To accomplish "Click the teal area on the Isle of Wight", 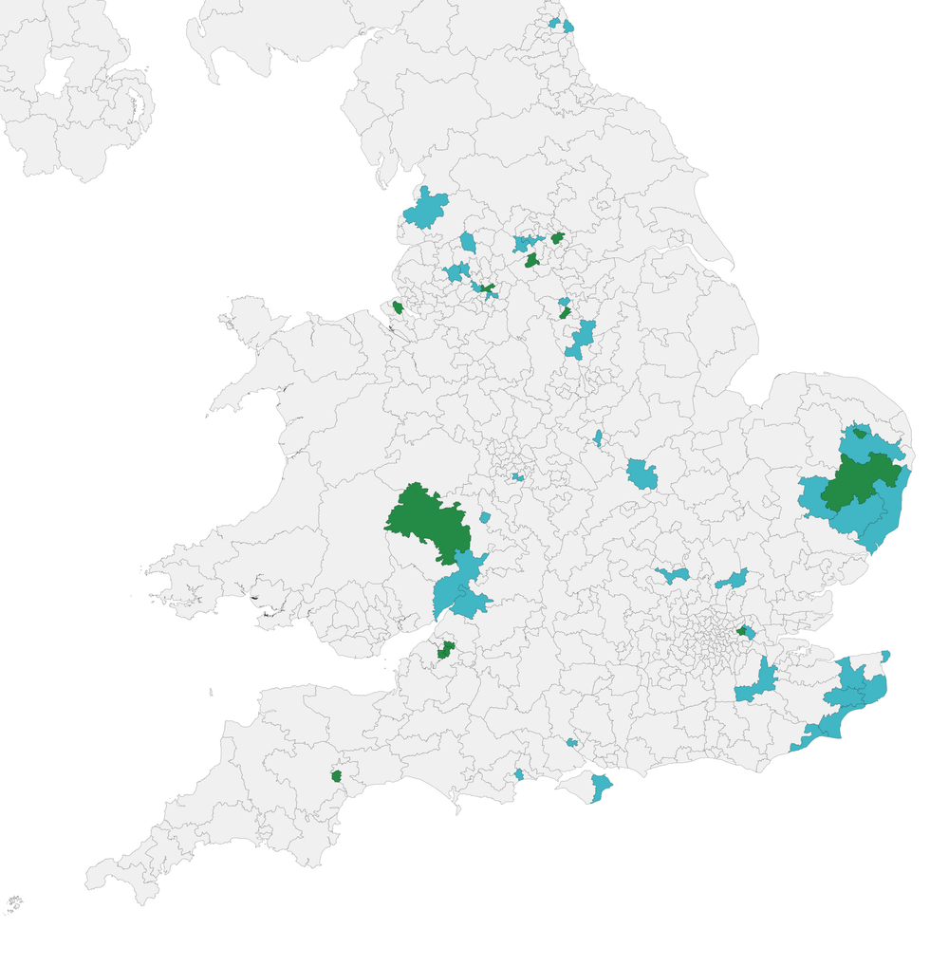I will (x=600, y=787).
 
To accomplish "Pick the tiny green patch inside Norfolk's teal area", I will (x=860, y=434).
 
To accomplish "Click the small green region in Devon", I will (x=336, y=775).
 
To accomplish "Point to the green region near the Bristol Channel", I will (x=445, y=650).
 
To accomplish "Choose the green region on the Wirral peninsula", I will (x=398, y=307).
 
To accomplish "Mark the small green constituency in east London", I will (x=741, y=630).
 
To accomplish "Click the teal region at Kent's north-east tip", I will (x=885, y=655).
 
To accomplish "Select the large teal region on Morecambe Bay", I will (x=424, y=210).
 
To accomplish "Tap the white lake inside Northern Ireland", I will (x=54, y=76).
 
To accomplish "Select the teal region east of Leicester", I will (x=642, y=474).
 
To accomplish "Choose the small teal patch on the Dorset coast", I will (x=519, y=774).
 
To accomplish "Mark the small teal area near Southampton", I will (x=572, y=742).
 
